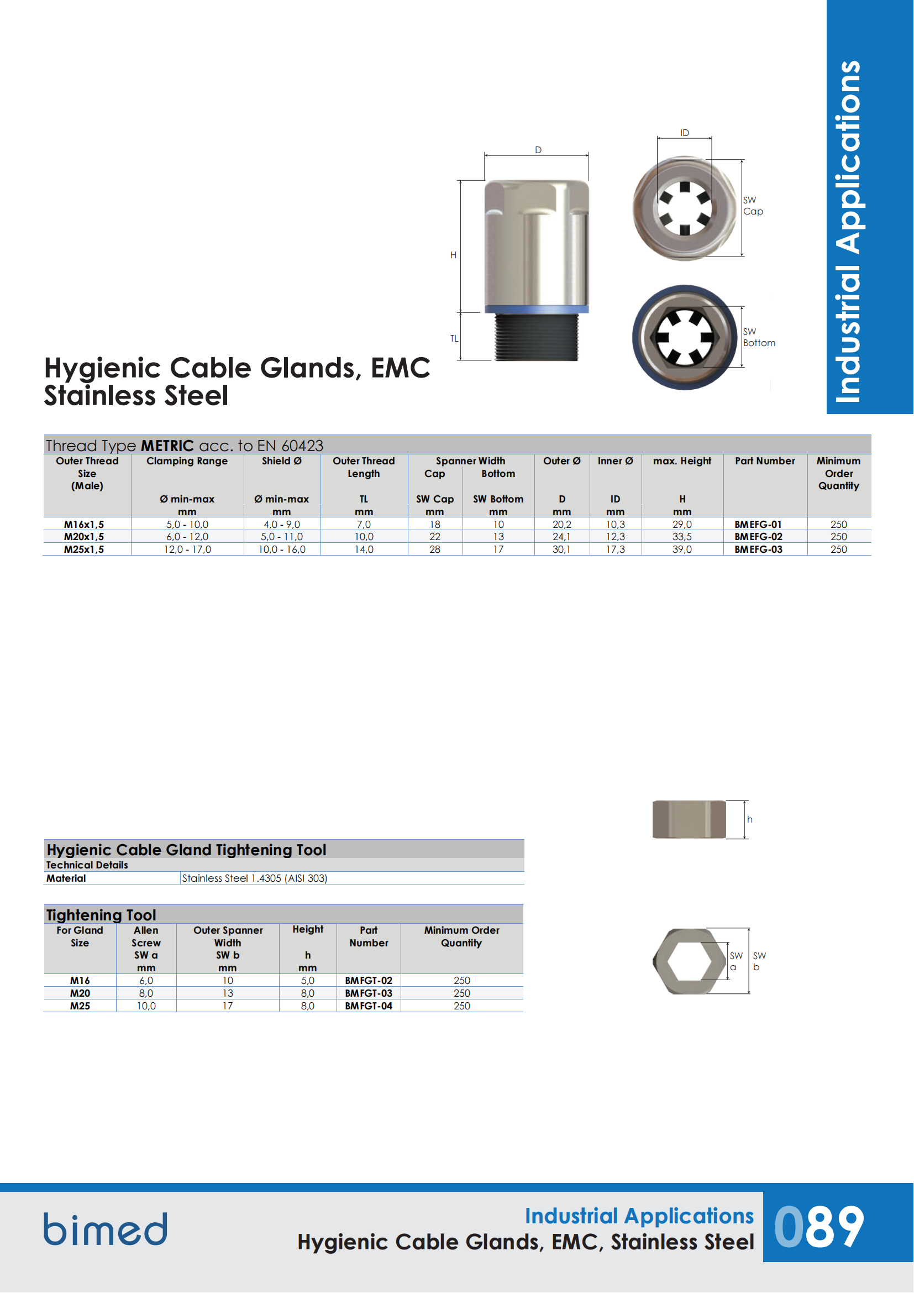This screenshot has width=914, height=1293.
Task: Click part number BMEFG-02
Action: pyautogui.click(x=758, y=537)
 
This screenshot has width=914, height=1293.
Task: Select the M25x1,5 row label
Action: pyautogui.click(x=84, y=549)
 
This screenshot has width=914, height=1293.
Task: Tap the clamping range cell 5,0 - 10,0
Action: pyautogui.click(x=187, y=524)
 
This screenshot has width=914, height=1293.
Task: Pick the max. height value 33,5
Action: pyautogui.click(x=681, y=537)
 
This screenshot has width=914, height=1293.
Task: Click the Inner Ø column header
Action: pyautogui.click(x=615, y=461)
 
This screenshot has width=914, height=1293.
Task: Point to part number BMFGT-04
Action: pyautogui.click(x=369, y=1006)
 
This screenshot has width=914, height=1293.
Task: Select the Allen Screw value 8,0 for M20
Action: pyautogui.click(x=146, y=993)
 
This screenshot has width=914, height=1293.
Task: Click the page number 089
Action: pyautogui.click(x=819, y=1228)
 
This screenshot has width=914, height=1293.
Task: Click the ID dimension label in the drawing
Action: pyautogui.click(x=684, y=133)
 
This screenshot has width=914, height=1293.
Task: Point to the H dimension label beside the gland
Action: pyautogui.click(x=453, y=255)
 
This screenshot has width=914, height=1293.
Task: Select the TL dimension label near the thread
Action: pyautogui.click(x=454, y=338)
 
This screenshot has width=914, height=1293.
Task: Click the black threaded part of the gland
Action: pyautogui.click(x=537, y=337)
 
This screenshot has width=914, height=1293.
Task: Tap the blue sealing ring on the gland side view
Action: pyautogui.click(x=537, y=309)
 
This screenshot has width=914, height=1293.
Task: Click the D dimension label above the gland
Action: pyautogui.click(x=538, y=150)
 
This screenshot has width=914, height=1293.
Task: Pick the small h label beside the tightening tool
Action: pyautogui.click(x=750, y=819)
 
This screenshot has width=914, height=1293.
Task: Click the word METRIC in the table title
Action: pyautogui.click(x=167, y=446)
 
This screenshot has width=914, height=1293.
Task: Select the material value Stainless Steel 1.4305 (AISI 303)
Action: pyautogui.click(x=254, y=878)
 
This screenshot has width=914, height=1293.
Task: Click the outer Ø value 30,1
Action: pyautogui.click(x=561, y=549)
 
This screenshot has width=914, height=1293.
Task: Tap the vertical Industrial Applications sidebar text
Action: pyautogui.click(x=848, y=231)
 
